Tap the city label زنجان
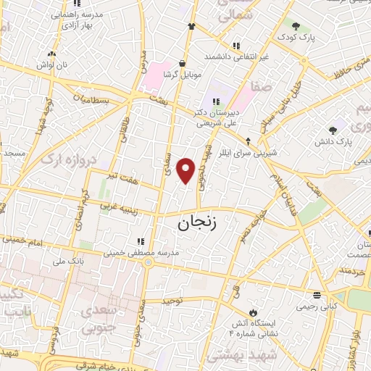coord(196,225)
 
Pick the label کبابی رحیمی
coord(317,306)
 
